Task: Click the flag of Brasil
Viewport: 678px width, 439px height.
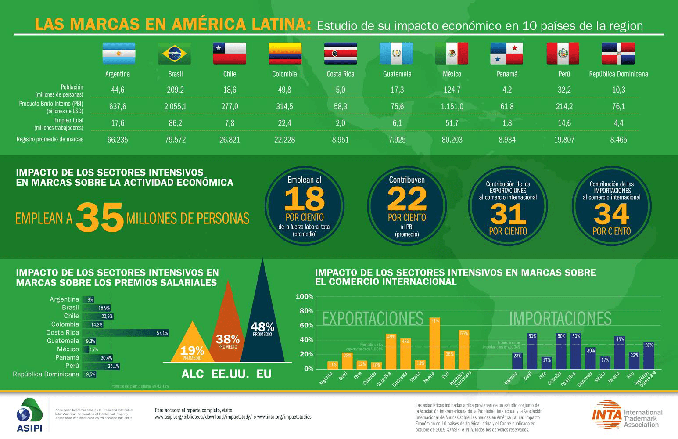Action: (x=174, y=54)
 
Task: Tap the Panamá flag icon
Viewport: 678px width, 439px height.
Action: (x=507, y=54)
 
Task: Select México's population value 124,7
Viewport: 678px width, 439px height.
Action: (x=452, y=90)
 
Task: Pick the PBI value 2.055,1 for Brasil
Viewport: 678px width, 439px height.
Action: (x=175, y=107)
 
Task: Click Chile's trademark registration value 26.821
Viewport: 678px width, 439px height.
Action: (x=230, y=140)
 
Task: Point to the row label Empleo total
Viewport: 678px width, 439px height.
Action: (x=68, y=120)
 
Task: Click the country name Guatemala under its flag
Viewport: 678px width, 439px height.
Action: (x=397, y=74)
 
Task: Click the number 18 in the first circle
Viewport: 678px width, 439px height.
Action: (x=304, y=199)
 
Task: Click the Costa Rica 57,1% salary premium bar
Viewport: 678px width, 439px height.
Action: (x=126, y=333)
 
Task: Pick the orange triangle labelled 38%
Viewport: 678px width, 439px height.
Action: (x=228, y=325)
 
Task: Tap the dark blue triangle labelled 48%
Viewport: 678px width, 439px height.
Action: (x=262, y=316)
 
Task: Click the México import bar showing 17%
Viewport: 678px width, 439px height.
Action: (x=605, y=363)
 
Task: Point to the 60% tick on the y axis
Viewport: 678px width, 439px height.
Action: (x=305, y=325)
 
